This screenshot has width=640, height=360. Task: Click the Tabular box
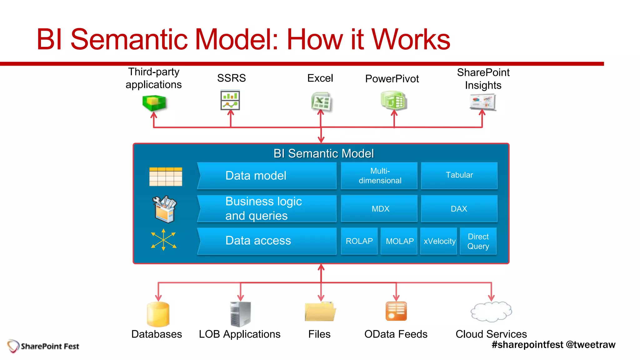tap(459, 175)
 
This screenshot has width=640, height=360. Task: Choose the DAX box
tap(459, 208)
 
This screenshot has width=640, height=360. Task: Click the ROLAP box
tap(359, 241)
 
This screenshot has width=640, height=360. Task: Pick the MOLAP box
tap(399, 241)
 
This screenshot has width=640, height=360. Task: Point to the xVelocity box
tap(439, 241)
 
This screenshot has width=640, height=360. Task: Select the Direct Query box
tap(478, 241)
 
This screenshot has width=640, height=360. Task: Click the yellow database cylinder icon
tap(158, 314)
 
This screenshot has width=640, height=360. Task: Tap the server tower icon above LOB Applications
tap(240, 314)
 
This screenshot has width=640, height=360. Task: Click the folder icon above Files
tap(320, 312)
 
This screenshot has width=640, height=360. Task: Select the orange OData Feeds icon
tap(396, 311)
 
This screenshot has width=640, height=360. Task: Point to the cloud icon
tap(491, 312)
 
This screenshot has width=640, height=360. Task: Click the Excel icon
tap(321, 102)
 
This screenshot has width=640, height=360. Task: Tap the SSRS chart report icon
tap(230, 100)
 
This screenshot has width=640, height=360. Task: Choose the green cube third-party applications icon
tap(154, 103)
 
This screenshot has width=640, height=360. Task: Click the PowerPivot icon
tap(394, 100)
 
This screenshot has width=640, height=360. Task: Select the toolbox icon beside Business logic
tap(164, 209)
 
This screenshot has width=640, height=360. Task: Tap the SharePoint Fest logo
tap(43, 346)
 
